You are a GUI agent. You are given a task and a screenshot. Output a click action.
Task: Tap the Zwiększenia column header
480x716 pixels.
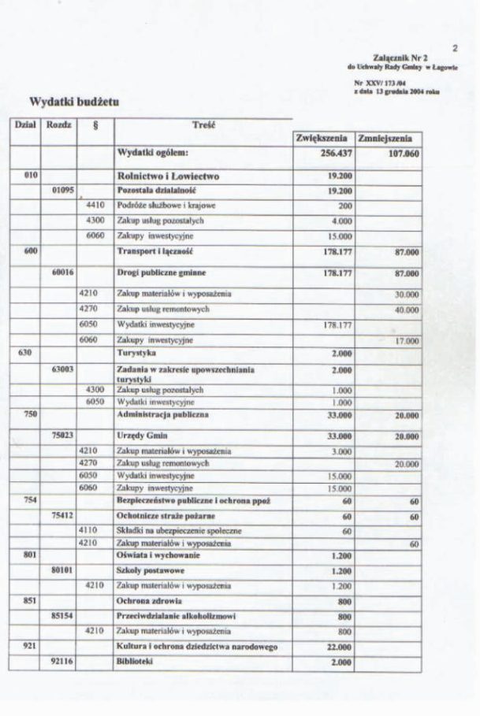click(322, 138)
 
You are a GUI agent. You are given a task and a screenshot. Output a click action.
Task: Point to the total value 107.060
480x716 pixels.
click(401, 154)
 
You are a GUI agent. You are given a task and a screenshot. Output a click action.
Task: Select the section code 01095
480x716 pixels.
click(61, 191)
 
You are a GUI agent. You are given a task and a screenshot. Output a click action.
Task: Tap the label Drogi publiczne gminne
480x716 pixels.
click(159, 273)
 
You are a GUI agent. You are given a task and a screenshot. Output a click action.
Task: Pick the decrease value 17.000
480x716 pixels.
click(406, 340)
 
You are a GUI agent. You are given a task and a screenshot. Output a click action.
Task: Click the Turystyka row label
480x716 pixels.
click(134, 354)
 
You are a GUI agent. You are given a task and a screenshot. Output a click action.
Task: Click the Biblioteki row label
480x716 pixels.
click(136, 662)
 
